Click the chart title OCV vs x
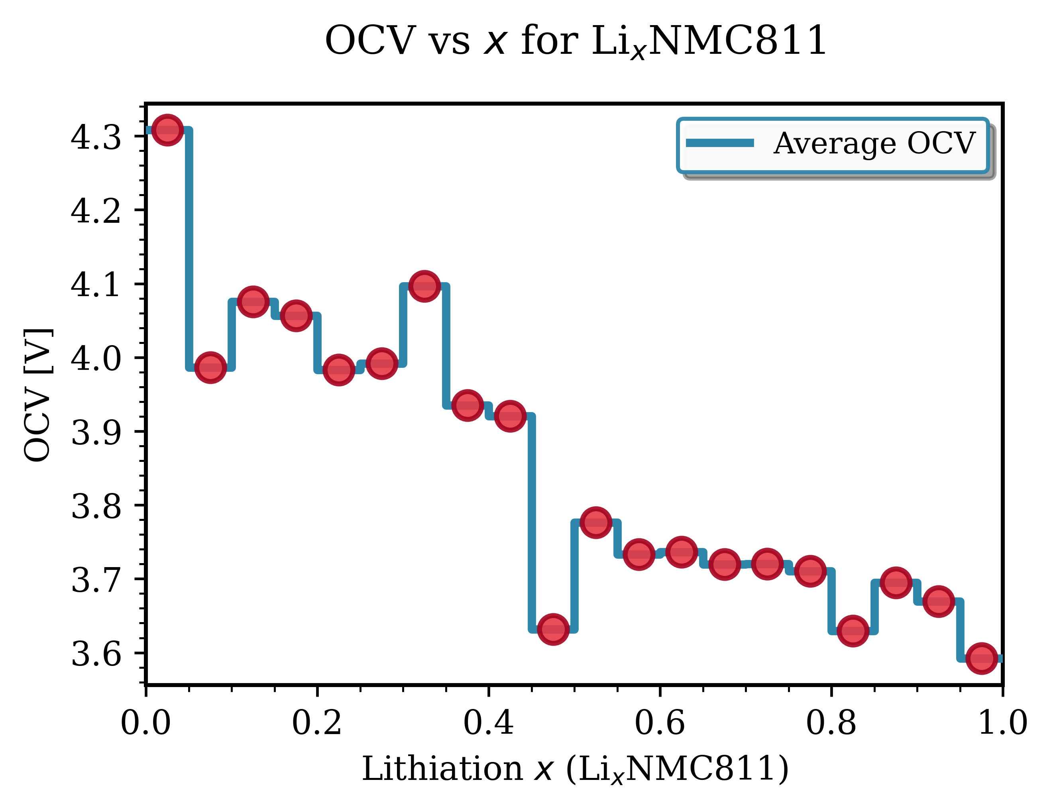point(576,41)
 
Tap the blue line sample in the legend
point(720,143)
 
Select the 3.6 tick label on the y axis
point(96,654)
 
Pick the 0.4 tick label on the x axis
point(488,724)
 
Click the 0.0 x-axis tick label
point(145,724)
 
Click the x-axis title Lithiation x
point(575,769)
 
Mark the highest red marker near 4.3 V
point(167,130)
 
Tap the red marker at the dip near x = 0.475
point(553,629)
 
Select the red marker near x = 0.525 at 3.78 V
point(596,522)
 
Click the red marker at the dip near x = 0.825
point(853,630)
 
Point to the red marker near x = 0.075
point(210,367)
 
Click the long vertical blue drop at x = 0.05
point(189,251)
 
